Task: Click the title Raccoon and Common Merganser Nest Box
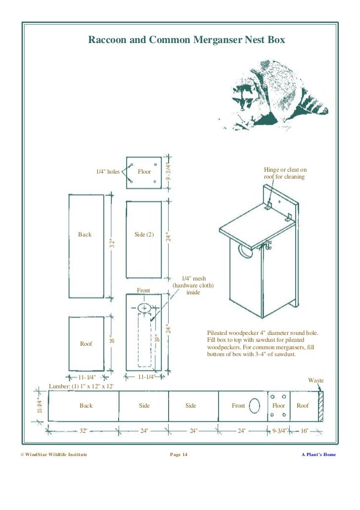click(x=186, y=40)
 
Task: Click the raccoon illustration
click(x=267, y=94)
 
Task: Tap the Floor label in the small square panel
click(x=144, y=172)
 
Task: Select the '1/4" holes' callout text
click(x=108, y=172)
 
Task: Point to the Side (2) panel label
click(x=144, y=234)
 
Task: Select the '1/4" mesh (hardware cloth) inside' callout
click(x=193, y=286)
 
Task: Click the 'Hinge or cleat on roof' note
click(x=285, y=173)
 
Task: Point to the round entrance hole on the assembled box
click(x=244, y=251)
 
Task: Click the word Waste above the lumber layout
click(x=315, y=380)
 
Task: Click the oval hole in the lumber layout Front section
click(x=254, y=406)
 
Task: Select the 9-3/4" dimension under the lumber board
click(x=280, y=431)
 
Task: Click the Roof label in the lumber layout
click(x=303, y=406)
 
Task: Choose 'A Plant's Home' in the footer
click(x=318, y=455)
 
